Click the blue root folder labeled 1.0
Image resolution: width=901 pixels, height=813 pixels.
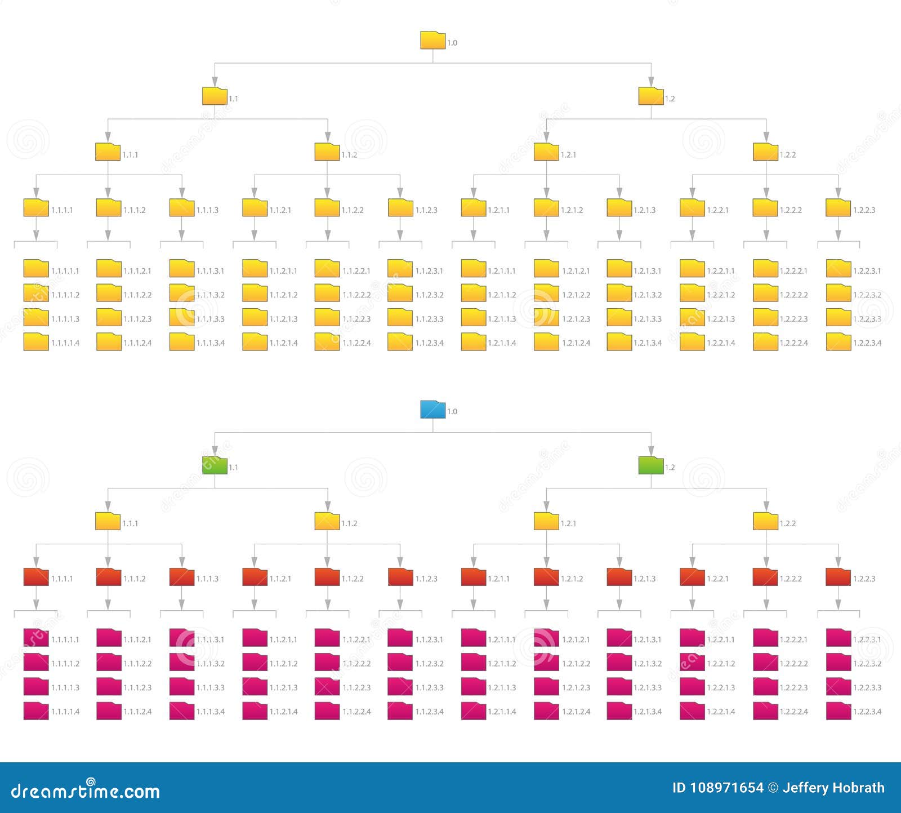point(432,410)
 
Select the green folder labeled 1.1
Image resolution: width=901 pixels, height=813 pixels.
point(215,465)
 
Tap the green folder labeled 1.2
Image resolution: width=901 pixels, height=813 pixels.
point(651,465)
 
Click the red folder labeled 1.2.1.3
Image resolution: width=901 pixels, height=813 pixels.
point(619,577)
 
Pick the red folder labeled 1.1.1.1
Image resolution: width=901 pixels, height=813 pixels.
point(35,577)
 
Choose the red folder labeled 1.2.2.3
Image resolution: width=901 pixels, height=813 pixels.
point(838,577)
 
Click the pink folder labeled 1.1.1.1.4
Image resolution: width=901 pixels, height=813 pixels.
point(35,710)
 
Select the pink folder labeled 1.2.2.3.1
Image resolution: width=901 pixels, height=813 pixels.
point(838,638)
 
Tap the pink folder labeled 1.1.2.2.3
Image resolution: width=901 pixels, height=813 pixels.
point(327,686)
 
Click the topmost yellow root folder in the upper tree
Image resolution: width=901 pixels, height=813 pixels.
point(432,41)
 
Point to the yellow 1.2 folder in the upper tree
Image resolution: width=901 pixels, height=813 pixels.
point(651,96)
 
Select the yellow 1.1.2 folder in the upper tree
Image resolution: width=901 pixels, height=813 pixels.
point(327,152)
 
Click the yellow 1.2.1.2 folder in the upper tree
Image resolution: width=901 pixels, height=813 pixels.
point(546,208)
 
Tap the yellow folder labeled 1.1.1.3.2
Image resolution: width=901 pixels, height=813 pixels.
point(181,293)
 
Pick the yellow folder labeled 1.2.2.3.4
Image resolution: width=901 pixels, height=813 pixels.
point(838,341)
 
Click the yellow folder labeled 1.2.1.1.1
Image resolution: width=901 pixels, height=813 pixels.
point(473,269)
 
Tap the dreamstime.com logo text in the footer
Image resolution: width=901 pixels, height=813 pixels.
point(86,790)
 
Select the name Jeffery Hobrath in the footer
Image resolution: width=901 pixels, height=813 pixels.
point(833,788)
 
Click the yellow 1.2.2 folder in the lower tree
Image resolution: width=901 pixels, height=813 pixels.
point(765,521)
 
